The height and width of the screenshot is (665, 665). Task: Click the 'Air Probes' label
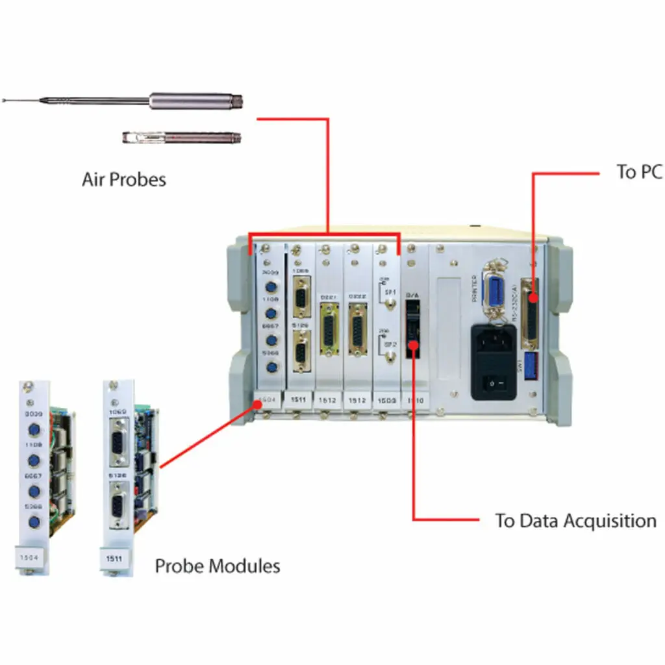(x=123, y=179)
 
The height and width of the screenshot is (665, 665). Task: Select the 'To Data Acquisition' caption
(x=575, y=521)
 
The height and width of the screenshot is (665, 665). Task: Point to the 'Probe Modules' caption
(x=218, y=566)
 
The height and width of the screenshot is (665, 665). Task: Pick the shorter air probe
(x=182, y=137)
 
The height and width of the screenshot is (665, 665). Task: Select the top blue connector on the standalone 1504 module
(x=32, y=431)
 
